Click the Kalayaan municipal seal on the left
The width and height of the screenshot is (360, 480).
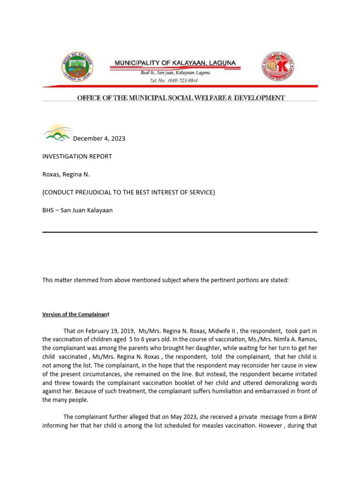pyautogui.click(x=77, y=67)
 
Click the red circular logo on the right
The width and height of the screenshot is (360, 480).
pyautogui.click(x=278, y=67)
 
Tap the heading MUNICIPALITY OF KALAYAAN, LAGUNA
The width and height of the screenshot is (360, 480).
pyautogui.click(x=176, y=63)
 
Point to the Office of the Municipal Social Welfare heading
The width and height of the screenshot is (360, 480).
pyautogui.click(x=180, y=98)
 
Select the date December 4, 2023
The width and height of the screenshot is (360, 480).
pyautogui.click(x=99, y=138)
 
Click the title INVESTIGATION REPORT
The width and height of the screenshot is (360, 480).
pyautogui.click(x=77, y=156)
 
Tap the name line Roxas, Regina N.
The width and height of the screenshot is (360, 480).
pyautogui.click(x=66, y=174)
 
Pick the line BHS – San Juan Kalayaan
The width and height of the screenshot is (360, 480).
pyautogui.click(x=77, y=210)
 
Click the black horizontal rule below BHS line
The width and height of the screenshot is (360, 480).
pyautogui.click(x=180, y=232)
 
